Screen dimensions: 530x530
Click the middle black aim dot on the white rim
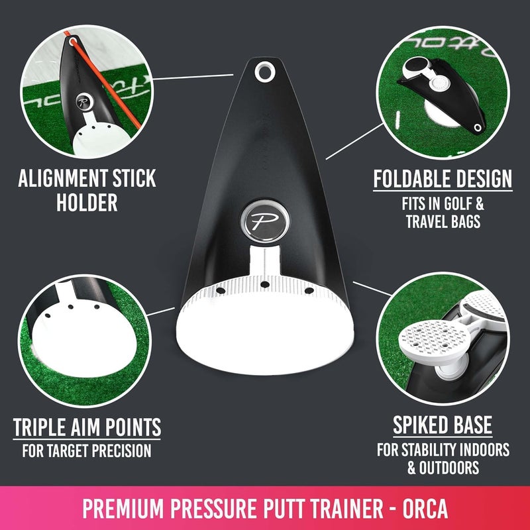264,285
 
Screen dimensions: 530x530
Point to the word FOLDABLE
411,179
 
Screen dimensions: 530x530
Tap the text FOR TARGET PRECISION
86,452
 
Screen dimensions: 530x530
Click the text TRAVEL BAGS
443,221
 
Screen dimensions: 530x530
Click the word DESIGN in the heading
482,179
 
